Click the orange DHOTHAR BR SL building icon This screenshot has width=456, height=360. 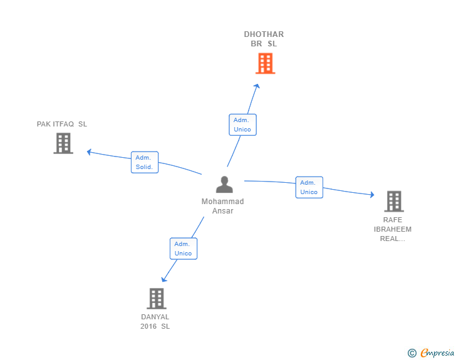click(265, 63)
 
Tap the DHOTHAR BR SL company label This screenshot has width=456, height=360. click(264, 39)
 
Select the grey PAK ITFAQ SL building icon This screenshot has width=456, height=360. click(63, 143)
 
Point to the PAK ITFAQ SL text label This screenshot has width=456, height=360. click(62, 124)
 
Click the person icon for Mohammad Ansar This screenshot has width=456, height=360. click(224, 184)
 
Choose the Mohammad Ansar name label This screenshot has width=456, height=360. click(223, 206)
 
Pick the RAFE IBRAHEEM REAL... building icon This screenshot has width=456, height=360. click(393, 201)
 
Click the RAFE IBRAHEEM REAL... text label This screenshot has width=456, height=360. click(393, 229)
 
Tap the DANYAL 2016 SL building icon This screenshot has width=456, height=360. click(156, 299)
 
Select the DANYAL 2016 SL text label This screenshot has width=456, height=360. click(155, 322)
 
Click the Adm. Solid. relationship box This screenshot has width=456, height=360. click(145, 162)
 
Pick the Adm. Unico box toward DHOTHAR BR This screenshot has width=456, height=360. click(242, 125)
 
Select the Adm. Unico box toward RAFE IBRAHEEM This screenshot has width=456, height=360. click(309, 187)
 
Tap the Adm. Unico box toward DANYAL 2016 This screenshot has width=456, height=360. click(184, 249)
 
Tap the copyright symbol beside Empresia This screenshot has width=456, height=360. click(412, 353)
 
